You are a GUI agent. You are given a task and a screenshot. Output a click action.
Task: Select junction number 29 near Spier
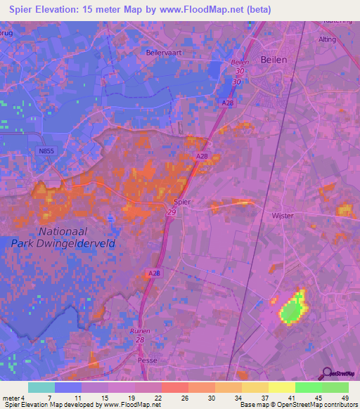point(172,212)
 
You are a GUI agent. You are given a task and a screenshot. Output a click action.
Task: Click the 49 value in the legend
point(344,398)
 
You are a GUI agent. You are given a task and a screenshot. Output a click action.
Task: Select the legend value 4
point(22,398)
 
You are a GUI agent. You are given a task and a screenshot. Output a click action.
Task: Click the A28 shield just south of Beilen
point(227,104)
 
